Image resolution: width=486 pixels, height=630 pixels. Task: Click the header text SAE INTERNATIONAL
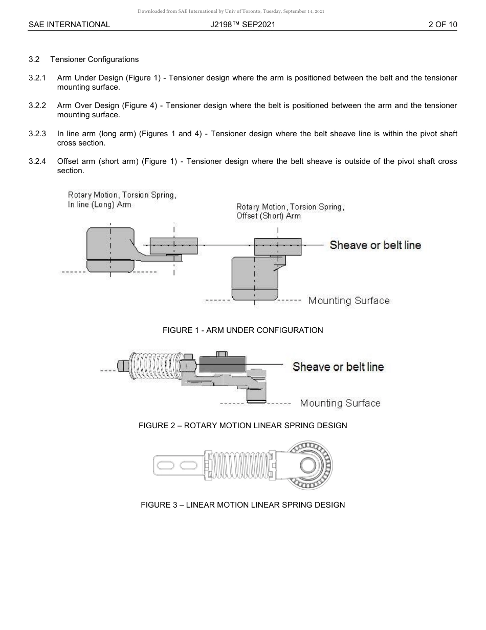point(69,24)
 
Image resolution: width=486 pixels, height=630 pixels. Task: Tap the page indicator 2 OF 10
point(443,24)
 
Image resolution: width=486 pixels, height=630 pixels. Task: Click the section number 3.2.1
point(37,78)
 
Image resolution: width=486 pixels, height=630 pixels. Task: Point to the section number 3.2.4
point(37,161)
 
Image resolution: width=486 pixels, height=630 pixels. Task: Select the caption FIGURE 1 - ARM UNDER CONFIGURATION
point(242,330)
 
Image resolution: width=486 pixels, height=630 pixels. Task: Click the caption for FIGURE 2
point(242,426)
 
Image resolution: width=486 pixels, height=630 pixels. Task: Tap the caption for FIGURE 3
point(242,505)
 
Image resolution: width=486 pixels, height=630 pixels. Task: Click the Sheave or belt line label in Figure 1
point(375,245)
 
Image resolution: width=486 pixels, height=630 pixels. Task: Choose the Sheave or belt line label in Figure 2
point(338,367)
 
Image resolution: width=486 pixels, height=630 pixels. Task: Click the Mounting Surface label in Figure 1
point(348,301)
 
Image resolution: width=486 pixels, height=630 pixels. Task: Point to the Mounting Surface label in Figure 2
point(340,403)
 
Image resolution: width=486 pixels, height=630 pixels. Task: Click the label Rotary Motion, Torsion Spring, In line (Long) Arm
point(122,200)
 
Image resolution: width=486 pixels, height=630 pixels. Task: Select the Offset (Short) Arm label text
point(269,216)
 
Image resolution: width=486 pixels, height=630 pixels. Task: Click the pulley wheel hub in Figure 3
point(308,466)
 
